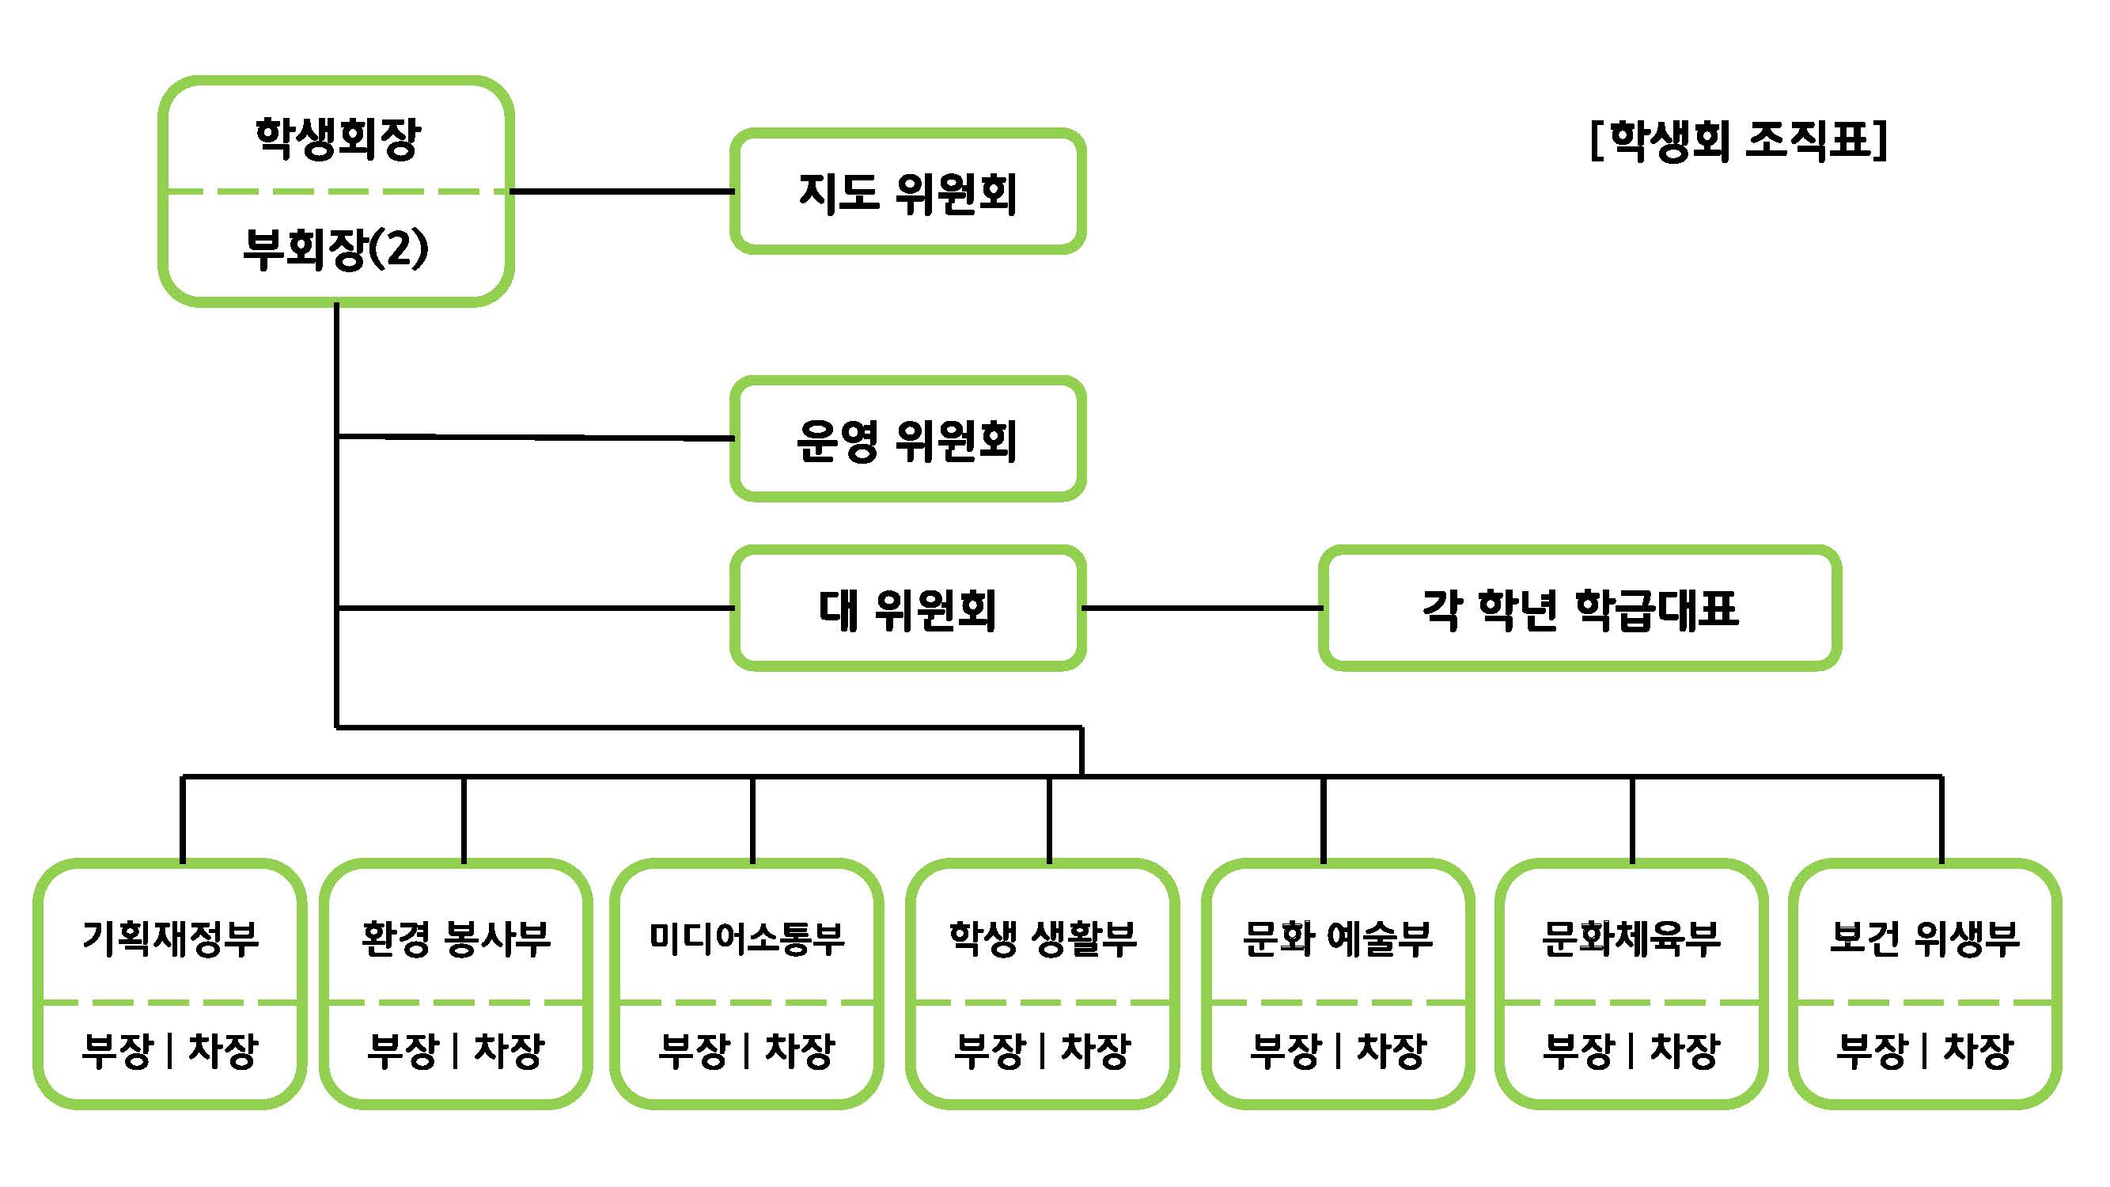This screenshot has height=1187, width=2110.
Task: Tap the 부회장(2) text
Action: (335, 248)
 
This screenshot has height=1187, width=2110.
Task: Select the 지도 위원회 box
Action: (907, 192)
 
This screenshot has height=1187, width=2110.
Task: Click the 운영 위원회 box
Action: (907, 440)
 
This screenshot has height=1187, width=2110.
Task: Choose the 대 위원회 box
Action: (907, 609)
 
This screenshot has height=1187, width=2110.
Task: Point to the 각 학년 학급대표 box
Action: (1580, 609)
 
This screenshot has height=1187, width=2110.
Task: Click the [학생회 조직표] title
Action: (1738, 141)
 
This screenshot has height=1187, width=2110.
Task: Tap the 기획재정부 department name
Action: (170, 938)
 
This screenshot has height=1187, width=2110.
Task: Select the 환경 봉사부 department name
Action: (456, 938)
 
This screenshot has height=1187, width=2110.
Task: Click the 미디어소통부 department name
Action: (747, 938)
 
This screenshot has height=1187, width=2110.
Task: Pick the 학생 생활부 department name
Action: (1043, 938)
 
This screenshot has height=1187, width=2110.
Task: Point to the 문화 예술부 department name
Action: (1338, 938)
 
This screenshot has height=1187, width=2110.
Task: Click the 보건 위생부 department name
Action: (1925, 938)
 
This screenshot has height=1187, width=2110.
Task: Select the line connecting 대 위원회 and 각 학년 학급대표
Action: (1203, 608)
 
